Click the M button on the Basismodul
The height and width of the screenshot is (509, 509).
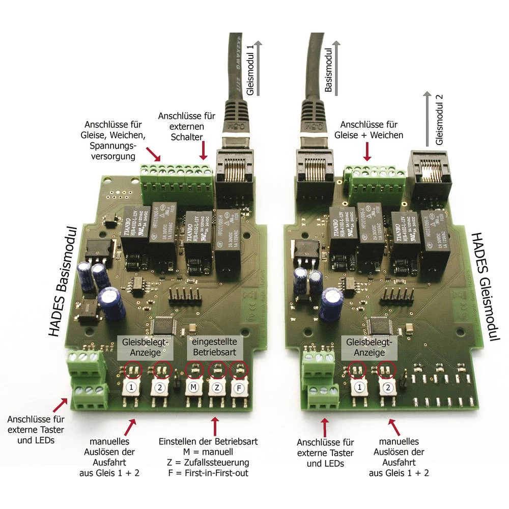(192, 387)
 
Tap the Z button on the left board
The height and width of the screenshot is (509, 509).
(217, 387)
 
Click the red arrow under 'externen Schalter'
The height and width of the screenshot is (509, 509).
(204, 151)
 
